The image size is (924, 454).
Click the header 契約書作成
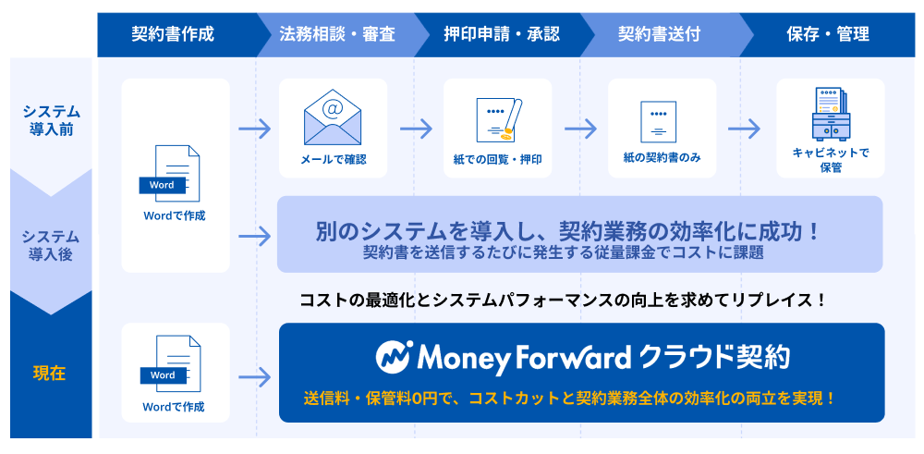173,34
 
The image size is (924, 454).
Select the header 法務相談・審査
337,34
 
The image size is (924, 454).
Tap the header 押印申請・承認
502,34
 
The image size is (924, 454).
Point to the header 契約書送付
659,34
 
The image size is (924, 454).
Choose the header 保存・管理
828,34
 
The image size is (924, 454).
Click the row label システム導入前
51,120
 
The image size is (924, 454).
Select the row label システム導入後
51,246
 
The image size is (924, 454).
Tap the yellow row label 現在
50,374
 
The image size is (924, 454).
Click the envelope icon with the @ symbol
333,117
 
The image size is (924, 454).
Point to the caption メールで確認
334,159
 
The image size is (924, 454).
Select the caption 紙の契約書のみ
663,158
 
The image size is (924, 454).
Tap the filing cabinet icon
831,115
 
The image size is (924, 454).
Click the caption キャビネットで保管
831,160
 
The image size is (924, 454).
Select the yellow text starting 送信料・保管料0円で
570,398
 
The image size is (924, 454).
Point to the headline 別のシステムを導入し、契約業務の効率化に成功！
568,231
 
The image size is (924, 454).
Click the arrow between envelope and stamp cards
416,129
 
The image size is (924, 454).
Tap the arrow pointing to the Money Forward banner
255,376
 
